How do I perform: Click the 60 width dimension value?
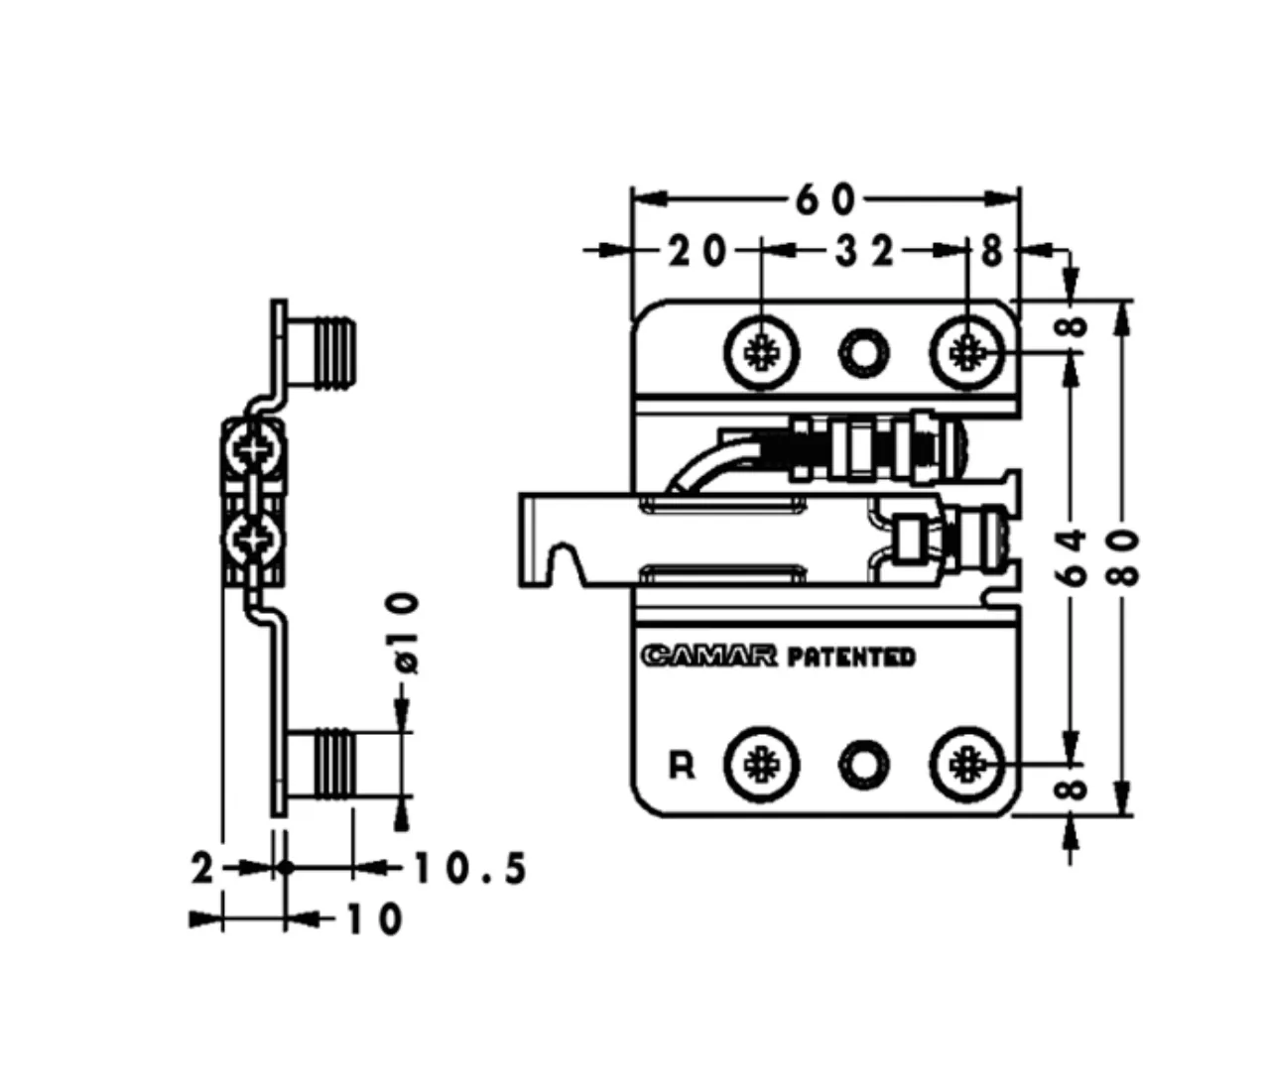pos(825,200)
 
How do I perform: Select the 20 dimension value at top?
pos(697,252)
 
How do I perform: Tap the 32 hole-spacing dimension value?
pos(864,252)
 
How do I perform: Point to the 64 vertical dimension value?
pos(1073,557)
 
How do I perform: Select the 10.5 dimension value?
pos(469,869)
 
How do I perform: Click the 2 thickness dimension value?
pos(203,869)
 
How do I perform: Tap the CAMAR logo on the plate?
pos(709,656)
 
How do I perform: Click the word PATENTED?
pos(850,657)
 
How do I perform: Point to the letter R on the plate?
pos(682,766)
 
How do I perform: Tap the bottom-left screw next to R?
pos(762,766)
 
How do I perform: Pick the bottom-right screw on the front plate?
pos(968,766)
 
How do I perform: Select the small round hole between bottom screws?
pos(864,766)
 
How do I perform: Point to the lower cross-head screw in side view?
pos(253,541)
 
